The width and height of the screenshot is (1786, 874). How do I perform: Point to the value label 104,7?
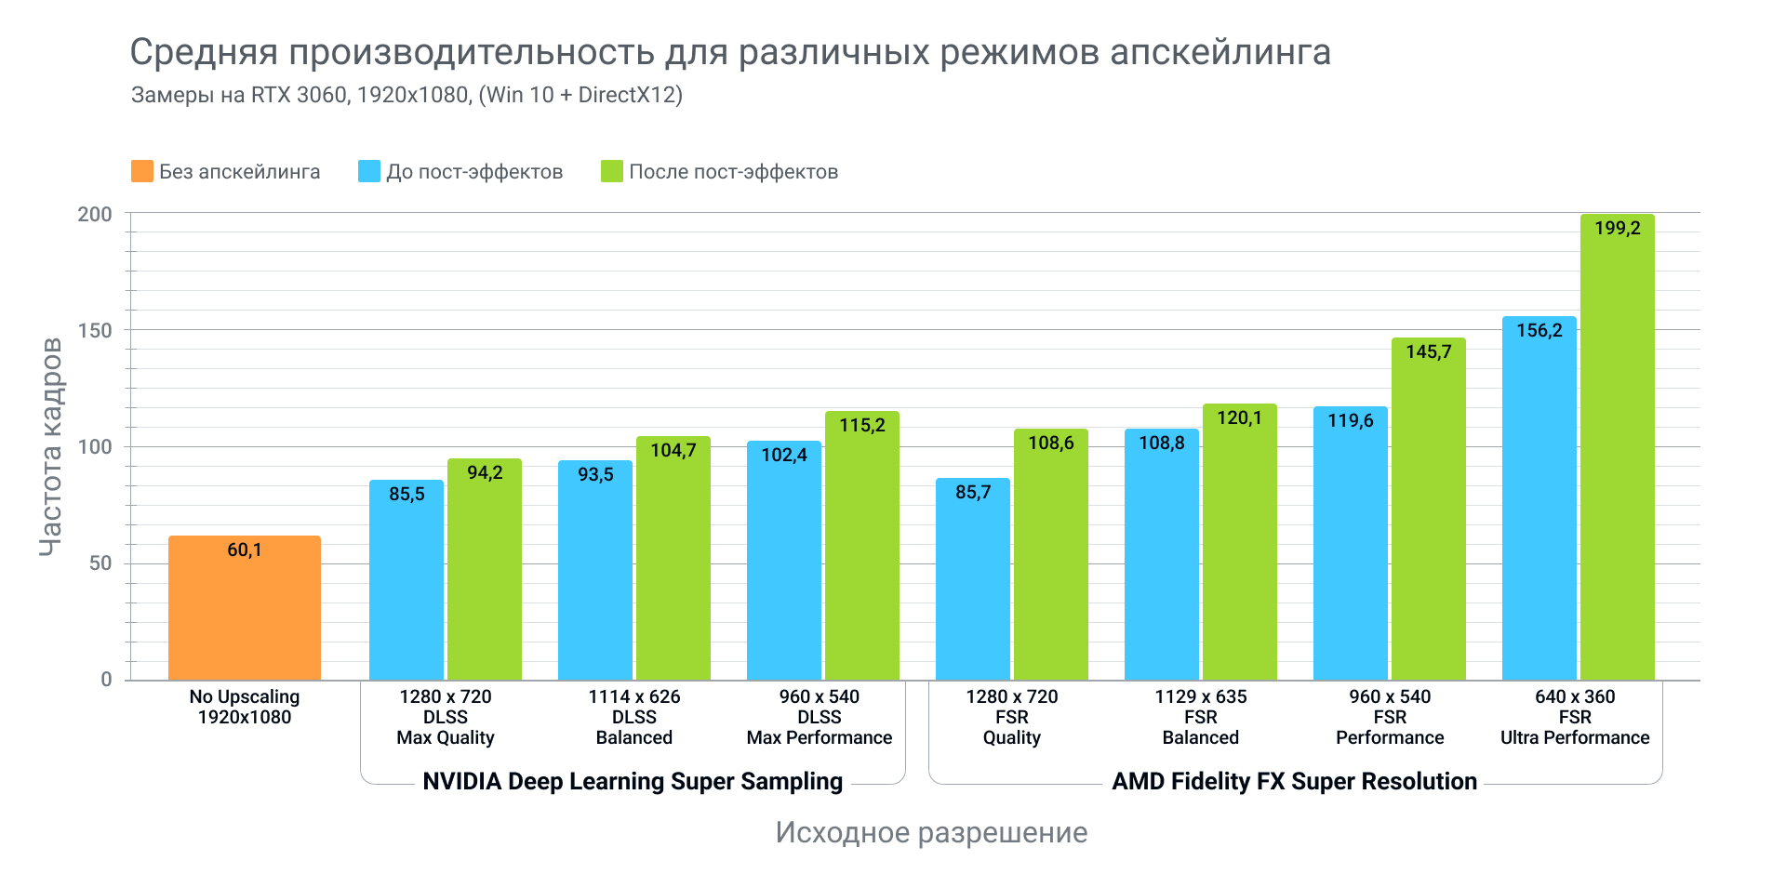[673, 451]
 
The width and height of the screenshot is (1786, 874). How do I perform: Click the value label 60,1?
[245, 550]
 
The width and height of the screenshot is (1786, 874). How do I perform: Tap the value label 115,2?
[862, 426]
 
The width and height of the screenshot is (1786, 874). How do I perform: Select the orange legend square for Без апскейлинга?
[142, 171]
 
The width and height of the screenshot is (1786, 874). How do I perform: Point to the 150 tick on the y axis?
[94, 330]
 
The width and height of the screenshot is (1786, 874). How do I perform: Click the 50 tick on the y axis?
[100, 563]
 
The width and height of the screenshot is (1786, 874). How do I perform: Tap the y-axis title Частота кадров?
[50, 446]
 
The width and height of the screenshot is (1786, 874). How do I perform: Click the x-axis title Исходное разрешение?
[931, 832]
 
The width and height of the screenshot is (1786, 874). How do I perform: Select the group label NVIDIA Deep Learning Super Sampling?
[633, 781]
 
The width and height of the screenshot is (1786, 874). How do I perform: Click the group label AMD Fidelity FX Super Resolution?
[1294, 781]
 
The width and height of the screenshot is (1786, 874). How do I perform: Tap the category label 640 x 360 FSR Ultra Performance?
[1575, 717]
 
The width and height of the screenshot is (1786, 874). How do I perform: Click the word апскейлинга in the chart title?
[1220, 53]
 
